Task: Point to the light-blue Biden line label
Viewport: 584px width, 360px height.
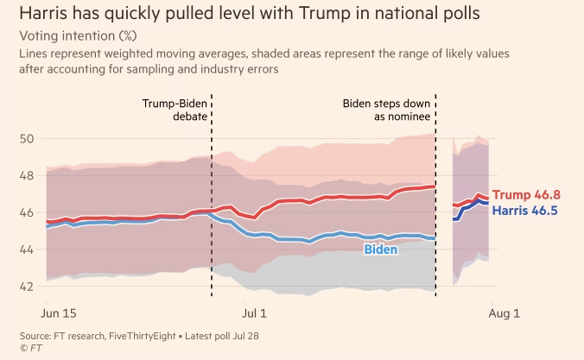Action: [381, 249]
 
